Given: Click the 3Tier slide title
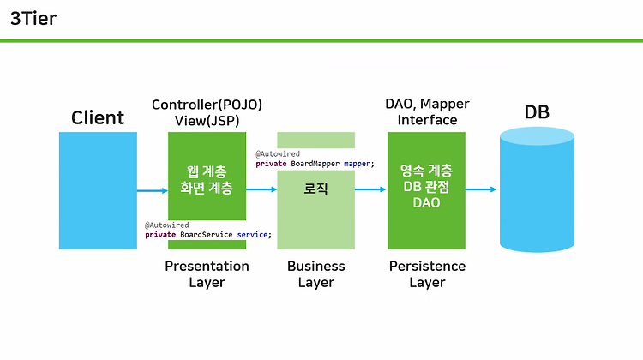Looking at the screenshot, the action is [33, 19].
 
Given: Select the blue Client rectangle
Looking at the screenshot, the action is [98, 190].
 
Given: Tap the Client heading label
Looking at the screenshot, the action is [98, 117].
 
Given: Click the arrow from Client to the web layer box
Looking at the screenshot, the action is [153, 190].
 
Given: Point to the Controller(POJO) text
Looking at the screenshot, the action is [207, 105].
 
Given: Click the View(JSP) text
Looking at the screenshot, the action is [207, 121].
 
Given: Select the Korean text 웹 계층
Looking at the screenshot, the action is [207, 171].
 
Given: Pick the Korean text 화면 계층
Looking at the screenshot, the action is [207, 188].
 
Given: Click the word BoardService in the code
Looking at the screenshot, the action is [207, 235].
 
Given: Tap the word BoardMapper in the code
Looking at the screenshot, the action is [315, 164].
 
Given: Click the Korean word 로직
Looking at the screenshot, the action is [315, 189].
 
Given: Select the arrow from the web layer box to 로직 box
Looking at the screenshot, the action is [261, 189].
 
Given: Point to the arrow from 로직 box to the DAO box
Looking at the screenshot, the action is [370, 189].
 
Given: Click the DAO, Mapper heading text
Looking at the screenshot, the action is [427, 105].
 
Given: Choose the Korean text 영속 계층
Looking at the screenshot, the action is [426, 171].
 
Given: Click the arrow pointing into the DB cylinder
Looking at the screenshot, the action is [481, 189].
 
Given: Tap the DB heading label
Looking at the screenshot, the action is [537, 112].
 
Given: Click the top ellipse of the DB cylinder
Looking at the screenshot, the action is [537, 136].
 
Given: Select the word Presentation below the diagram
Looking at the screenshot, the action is [207, 266].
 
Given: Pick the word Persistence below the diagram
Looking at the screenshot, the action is [427, 266].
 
